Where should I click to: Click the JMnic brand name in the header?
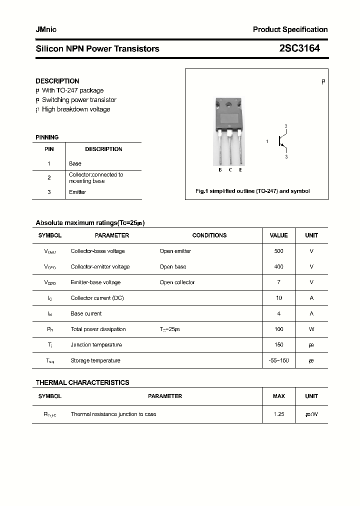[x=46, y=29]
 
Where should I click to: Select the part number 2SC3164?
[x=299, y=48]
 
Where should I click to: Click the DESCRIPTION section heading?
[x=57, y=81]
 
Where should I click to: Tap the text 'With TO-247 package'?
[x=72, y=90]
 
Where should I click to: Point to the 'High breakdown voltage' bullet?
[x=76, y=109]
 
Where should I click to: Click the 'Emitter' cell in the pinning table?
[x=77, y=192]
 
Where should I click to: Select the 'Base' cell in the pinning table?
[x=75, y=163]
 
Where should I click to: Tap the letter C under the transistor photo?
[x=230, y=170]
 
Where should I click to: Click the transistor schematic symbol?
[x=282, y=141]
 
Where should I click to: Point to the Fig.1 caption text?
[x=252, y=191]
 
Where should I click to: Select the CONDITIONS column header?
[x=209, y=235]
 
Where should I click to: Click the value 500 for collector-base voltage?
[x=278, y=251]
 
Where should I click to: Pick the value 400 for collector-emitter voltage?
[x=278, y=266]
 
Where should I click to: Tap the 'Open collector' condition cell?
[x=177, y=282]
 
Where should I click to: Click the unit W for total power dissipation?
[x=311, y=329]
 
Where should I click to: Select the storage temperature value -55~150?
[x=278, y=360]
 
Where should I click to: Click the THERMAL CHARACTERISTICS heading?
[x=82, y=382]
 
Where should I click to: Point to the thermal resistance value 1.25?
[x=278, y=414]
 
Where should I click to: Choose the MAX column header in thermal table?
[x=278, y=396]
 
